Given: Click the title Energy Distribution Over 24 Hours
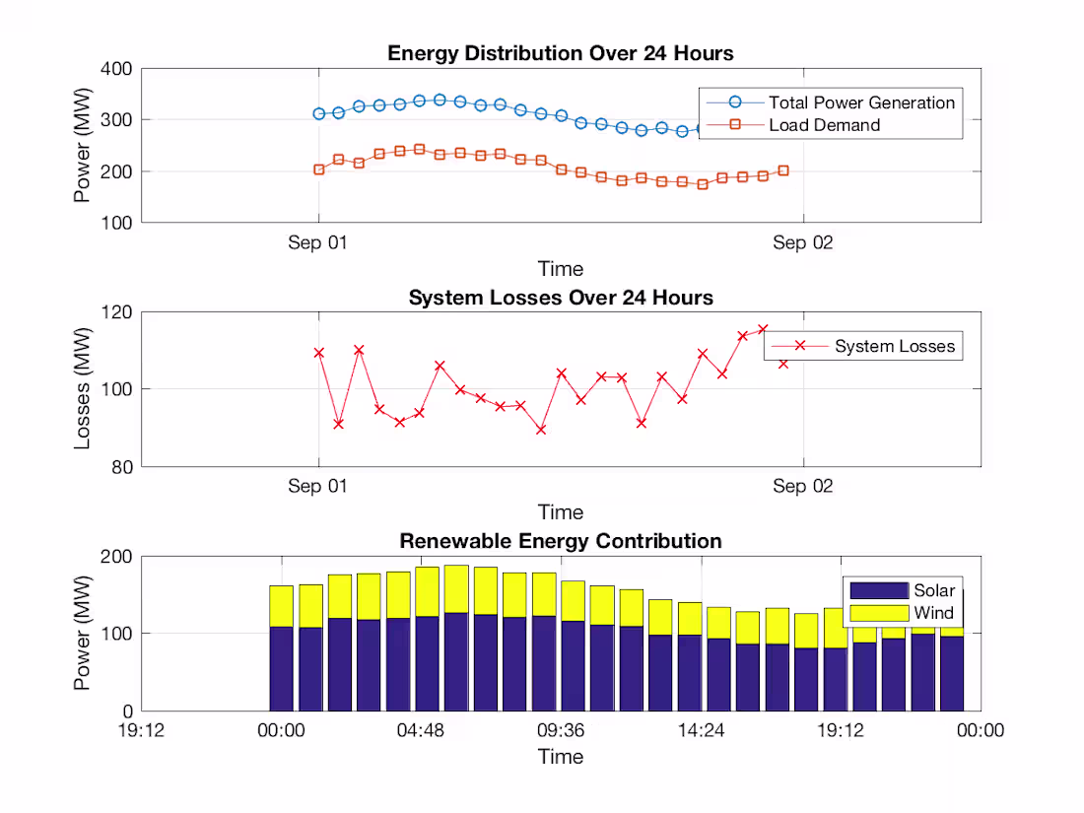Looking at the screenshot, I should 560,53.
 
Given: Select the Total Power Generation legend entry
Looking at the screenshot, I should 861,102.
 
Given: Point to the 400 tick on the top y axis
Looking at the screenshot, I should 117,69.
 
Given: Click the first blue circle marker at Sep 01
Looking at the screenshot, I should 318,114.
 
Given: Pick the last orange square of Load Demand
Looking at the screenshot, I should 783,170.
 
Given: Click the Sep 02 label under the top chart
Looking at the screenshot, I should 802,242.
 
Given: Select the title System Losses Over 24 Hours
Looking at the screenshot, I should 560,298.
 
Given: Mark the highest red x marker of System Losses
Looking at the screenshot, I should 763,329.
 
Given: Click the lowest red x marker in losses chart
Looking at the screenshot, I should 540,430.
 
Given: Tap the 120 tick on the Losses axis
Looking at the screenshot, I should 117,312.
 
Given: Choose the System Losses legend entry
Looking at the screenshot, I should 894,346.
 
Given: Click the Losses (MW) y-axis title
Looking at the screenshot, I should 84,389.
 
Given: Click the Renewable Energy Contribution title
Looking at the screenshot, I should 560,541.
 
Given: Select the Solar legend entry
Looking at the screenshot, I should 933,590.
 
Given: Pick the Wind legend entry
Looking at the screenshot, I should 933,613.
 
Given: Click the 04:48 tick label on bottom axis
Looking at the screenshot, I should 421,730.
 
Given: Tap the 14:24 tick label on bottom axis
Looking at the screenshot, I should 701,730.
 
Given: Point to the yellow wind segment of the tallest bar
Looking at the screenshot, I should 456,588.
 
